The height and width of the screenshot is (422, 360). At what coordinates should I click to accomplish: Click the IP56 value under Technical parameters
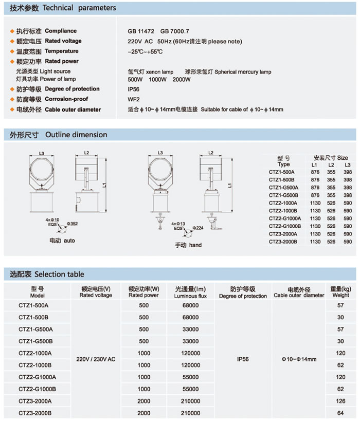click(x=134, y=89)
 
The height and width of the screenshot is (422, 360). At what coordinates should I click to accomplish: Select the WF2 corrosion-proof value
click(x=134, y=99)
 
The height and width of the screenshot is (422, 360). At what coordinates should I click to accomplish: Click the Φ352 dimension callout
click(x=73, y=224)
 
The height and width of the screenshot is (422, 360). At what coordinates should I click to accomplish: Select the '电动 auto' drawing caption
click(x=62, y=240)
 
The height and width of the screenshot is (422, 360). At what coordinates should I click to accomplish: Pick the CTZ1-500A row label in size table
click(x=282, y=172)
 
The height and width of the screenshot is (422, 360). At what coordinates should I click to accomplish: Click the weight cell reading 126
click(x=340, y=401)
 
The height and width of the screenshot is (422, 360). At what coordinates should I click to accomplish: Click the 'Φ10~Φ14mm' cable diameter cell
click(x=299, y=359)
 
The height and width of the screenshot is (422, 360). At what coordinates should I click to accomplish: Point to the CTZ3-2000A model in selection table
click(x=35, y=401)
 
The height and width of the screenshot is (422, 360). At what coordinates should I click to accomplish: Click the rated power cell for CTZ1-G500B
click(x=143, y=341)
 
